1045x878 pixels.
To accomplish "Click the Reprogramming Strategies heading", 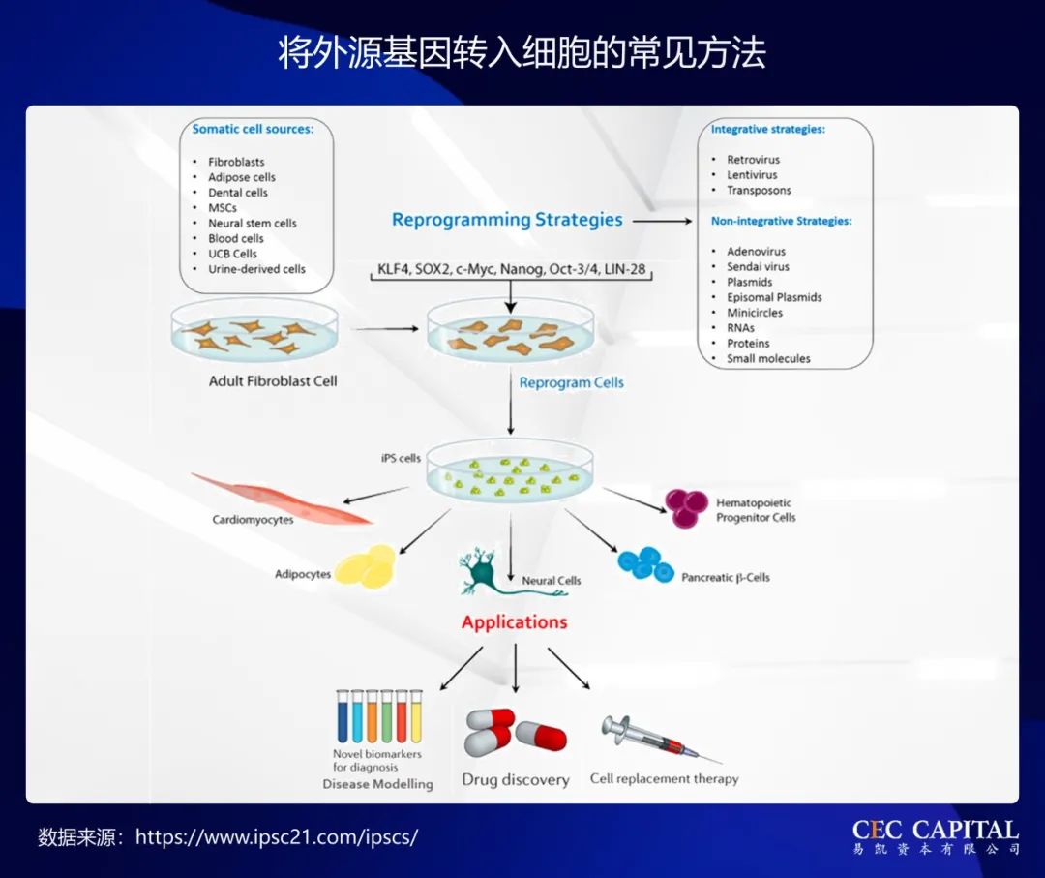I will [507, 220].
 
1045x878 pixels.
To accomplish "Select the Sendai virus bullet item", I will [758, 266].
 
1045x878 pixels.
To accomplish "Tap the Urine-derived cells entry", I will [256, 269].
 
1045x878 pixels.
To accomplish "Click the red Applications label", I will [514, 622].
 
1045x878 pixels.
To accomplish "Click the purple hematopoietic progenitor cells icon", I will [685, 507].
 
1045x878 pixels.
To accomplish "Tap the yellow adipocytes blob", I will [366, 567].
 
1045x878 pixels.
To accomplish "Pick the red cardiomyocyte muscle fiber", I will [281, 498].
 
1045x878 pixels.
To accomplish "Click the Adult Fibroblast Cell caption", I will [273, 381].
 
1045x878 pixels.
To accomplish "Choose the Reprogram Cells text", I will [571, 383].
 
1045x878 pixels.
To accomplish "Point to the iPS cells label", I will [401, 458].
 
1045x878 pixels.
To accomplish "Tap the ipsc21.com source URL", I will [277, 836].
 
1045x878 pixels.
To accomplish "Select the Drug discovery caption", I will [515, 779].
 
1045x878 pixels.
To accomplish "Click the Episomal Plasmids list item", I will [774, 297].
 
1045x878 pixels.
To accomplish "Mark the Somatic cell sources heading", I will [253, 129].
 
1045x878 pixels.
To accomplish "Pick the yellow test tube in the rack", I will [416, 717].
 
